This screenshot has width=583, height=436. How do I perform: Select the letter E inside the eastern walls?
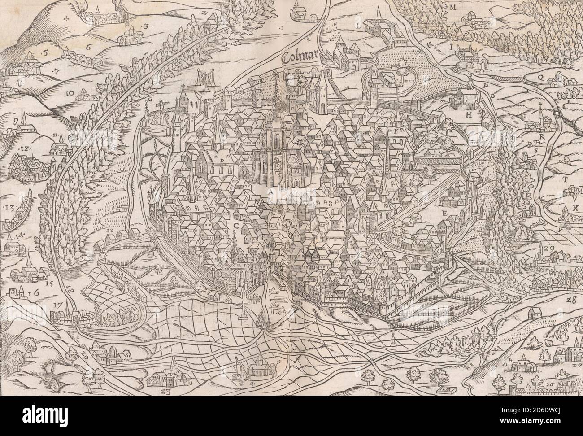(x=444, y=214)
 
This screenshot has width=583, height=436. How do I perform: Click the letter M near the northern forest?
(x=453, y=7)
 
